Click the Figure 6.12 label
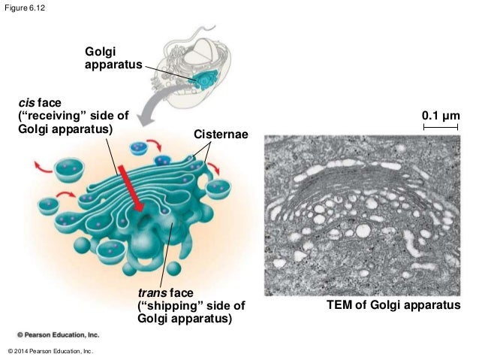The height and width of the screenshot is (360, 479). (22, 7)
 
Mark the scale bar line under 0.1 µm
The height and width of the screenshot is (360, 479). (441, 129)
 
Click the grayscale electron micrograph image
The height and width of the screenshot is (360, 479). (362, 215)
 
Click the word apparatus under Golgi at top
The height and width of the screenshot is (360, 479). (113, 65)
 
